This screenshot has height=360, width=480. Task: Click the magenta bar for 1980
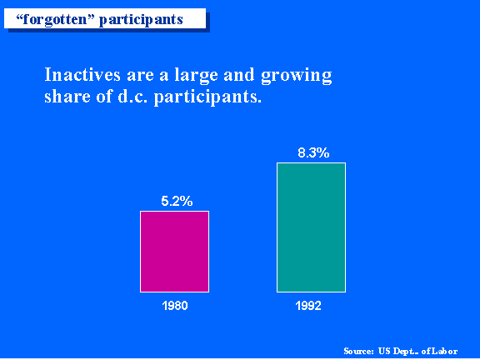tap(174, 252)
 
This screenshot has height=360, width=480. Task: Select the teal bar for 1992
tap(312, 227)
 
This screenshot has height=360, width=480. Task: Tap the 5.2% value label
tap(177, 201)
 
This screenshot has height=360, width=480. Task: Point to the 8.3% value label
tap(313, 152)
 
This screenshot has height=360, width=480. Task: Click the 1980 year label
tap(175, 306)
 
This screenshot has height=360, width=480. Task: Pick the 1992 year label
tap(308, 306)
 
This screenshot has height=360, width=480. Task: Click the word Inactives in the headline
tap(82, 74)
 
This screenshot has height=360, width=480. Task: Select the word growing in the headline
tap(297, 76)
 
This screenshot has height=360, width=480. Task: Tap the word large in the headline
tap(196, 76)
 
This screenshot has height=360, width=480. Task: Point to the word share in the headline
tap(67, 96)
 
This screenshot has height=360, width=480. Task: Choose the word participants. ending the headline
tap(207, 97)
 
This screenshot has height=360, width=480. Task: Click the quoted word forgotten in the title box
tap(52, 19)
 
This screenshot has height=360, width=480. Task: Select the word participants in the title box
tap(141, 20)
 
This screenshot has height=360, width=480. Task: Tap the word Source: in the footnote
tap(358, 351)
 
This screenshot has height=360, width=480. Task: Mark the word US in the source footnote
tap(384, 351)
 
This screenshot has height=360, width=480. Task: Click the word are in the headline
tap(140, 76)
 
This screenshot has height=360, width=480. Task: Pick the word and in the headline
tap(239, 74)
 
